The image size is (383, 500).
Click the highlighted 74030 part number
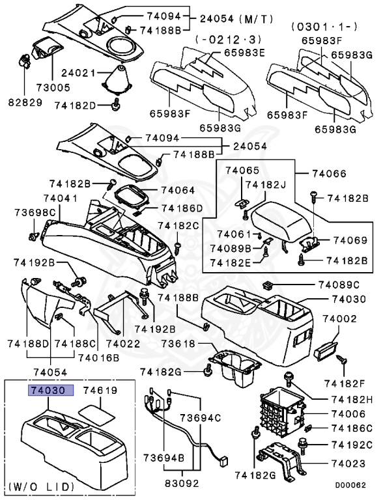pos(50,391)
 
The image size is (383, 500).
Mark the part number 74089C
pos(339,285)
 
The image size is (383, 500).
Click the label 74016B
pos(98,357)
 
